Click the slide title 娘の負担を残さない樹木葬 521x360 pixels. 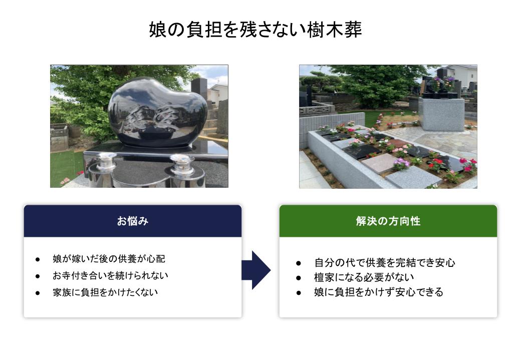[255, 30]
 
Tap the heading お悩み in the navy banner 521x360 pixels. [133, 221]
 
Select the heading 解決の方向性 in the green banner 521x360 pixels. [388, 221]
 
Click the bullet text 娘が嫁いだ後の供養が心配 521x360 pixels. [109, 259]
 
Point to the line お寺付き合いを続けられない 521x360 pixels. [110, 275]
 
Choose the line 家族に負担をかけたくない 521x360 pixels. [105, 292]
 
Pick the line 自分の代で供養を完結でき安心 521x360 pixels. [384, 263]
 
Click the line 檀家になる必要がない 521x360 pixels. [364, 277]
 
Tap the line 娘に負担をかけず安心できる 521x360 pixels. [379, 292]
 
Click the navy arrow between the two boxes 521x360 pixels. [256, 270]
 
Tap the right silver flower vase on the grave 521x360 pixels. [181, 166]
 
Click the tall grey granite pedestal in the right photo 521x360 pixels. [441, 114]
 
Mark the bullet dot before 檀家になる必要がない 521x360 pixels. [299, 278]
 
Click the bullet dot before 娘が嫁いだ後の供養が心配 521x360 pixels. [38, 259]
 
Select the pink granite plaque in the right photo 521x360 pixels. [378, 163]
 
